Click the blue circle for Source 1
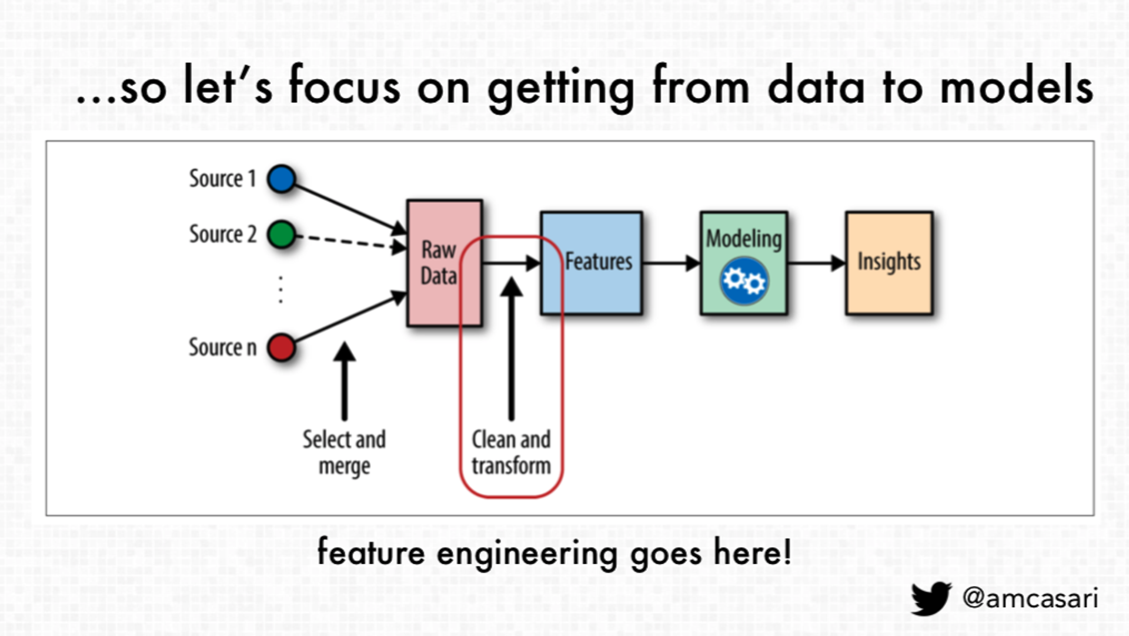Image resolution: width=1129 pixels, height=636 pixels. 282,179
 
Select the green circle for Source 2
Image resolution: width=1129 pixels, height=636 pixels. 282,235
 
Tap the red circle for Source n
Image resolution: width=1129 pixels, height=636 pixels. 282,347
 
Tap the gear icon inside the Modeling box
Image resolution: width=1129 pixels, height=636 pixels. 744,281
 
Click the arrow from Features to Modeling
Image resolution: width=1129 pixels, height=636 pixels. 670,263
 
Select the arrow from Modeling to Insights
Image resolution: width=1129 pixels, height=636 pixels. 816,263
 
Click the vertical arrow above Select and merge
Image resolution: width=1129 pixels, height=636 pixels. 345,382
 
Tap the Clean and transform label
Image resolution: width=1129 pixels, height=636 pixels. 511,453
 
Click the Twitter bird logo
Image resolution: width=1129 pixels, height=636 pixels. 931,598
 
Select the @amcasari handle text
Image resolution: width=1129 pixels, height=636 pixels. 1030,598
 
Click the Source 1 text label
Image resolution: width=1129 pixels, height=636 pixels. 222,179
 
